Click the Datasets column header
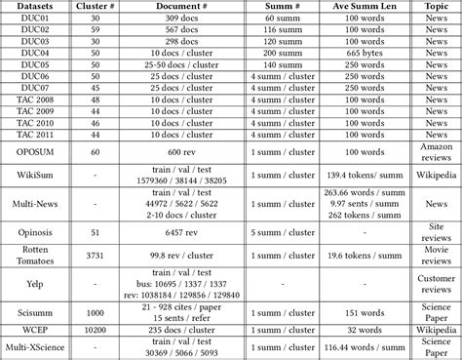[28, 8]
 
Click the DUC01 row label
[28, 20]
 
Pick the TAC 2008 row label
[28, 100]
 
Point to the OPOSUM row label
[28, 151]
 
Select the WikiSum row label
[28, 177]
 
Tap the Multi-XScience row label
[28, 348]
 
